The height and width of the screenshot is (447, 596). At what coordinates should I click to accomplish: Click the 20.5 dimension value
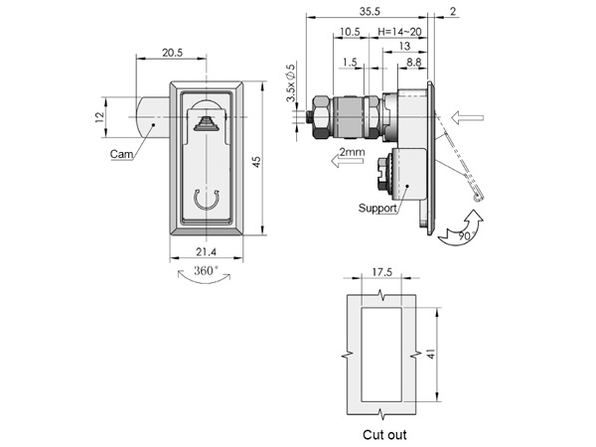tap(173, 53)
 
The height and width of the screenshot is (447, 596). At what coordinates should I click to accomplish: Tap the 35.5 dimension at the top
tap(370, 11)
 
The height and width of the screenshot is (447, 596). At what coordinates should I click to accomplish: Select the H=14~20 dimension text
tap(400, 32)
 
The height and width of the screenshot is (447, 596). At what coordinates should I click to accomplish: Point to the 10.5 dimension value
tap(350, 32)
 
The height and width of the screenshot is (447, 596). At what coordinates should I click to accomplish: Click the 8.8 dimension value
tap(414, 62)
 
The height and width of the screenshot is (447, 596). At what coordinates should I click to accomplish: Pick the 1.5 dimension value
tap(350, 62)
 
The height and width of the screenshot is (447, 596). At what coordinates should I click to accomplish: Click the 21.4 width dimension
tap(206, 251)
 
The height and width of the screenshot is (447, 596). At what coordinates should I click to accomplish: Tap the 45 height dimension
tap(257, 162)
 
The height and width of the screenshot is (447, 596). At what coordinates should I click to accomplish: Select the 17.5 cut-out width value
tap(382, 272)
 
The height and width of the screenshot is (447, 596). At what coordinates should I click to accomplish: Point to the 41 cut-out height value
tap(431, 354)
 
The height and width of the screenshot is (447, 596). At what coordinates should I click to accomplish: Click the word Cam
tap(121, 154)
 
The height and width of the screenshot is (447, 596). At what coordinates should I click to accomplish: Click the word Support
tap(377, 208)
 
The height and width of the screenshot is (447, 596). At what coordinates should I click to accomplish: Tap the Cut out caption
tap(384, 434)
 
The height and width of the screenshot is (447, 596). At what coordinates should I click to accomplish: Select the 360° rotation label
tap(206, 270)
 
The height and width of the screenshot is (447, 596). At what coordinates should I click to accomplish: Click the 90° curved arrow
tap(462, 228)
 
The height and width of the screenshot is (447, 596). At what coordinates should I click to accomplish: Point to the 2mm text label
tap(352, 152)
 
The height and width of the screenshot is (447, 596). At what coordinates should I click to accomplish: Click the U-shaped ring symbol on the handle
tap(207, 200)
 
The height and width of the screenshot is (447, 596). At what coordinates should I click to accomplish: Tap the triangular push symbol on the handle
tap(206, 123)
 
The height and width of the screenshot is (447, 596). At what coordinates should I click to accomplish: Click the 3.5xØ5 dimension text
tap(291, 82)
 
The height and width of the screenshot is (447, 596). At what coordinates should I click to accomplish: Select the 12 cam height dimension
tap(99, 117)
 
